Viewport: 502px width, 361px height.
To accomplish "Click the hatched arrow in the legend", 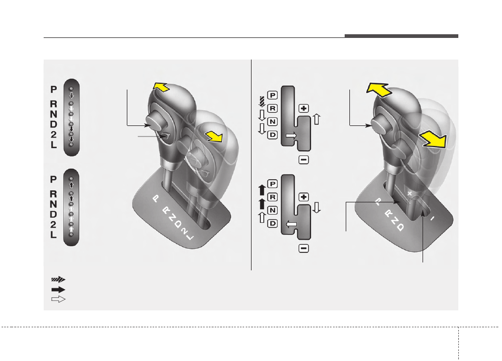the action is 58,279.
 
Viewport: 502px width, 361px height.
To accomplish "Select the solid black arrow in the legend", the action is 58,289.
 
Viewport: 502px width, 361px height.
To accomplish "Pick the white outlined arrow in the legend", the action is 58,299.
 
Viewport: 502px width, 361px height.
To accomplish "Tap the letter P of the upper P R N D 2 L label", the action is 54,90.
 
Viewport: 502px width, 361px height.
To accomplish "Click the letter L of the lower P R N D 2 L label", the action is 54,235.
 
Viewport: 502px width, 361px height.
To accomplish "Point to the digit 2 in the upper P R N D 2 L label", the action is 54,134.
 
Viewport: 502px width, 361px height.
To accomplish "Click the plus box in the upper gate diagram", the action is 304,109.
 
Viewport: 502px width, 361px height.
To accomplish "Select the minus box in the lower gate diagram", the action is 304,248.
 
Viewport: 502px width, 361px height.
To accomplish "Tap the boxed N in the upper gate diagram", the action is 272,122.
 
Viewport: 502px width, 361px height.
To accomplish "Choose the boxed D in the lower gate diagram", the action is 272,223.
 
